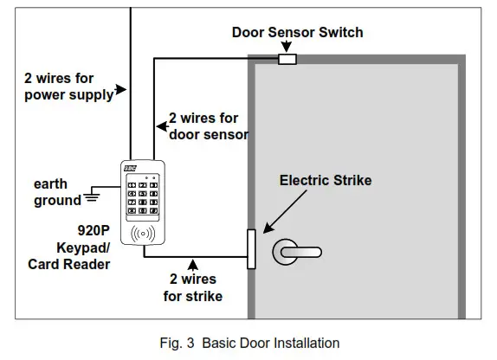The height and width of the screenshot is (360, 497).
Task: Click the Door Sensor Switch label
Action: (x=297, y=33)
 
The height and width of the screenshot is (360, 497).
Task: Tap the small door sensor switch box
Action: (x=286, y=60)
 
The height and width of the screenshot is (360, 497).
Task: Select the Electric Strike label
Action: (x=325, y=181)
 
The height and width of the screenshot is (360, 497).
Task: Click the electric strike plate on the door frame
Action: (x=251, y=249)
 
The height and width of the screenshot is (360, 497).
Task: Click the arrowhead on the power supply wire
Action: (x=128, y=89)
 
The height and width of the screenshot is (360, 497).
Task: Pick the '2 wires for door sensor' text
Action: (x=208, y=125)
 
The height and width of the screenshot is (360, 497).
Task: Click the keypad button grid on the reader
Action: (x=142, y=196)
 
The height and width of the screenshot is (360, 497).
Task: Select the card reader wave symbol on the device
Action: (x=142, y=233)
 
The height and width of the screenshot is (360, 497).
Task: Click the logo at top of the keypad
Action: (x=131, y=168)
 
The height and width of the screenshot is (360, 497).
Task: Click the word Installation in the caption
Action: (x=307, y=344)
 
